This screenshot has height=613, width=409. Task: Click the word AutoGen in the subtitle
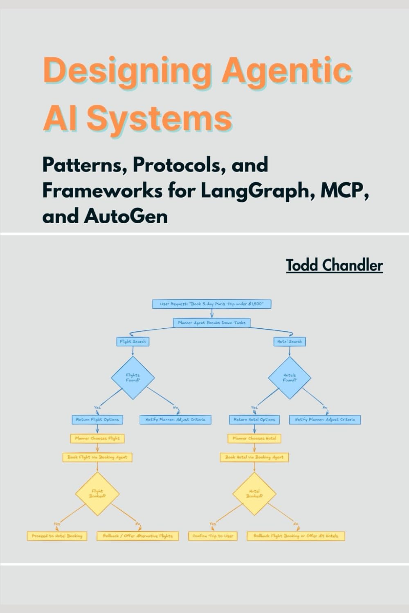126,216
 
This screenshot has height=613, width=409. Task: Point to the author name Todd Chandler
334,265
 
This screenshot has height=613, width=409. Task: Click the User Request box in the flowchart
211,304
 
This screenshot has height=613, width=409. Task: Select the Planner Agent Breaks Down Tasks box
211,323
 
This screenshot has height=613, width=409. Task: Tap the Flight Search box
133,341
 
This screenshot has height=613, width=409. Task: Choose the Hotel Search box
290,341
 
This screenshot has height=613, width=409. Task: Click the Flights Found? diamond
133,377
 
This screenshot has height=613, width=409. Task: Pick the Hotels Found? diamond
290,377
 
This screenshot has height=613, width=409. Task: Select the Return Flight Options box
97,420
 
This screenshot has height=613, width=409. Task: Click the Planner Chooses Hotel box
254,438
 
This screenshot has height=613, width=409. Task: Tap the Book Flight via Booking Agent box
97,457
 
